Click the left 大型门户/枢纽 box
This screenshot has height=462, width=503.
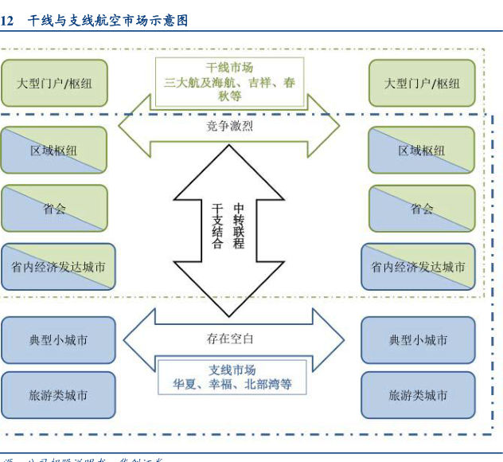click(54, 83)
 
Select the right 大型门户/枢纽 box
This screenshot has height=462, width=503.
click(422, 83)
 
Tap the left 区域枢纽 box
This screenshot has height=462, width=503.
click(54, 150)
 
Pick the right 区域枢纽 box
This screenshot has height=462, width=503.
click(422, 150)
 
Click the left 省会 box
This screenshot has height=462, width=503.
click(54, 209)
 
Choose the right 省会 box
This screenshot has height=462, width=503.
click(422, 209)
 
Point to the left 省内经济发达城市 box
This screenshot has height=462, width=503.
click(58, 267)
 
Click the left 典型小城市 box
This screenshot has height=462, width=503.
click(58, 340)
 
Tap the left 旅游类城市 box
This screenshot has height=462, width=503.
click(58, 395)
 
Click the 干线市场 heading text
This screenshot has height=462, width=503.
click(230, 68)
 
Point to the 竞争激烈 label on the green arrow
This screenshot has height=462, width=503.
click(230, 126)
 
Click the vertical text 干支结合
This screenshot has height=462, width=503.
click(217, 226)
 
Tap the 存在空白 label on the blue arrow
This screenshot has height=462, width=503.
click(230, 339)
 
